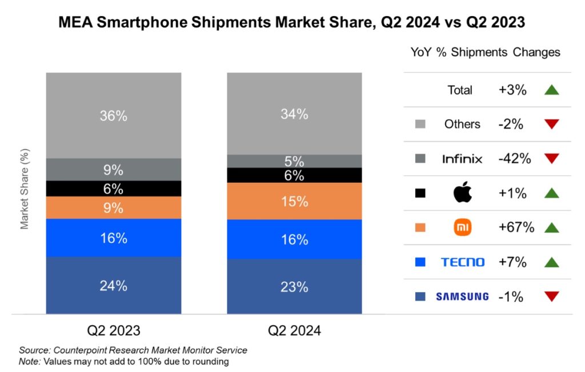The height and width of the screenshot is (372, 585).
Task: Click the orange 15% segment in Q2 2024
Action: [294, 201]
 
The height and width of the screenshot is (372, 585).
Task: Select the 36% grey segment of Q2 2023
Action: [113, 115]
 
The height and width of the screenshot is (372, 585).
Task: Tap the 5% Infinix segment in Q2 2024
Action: [294, 161]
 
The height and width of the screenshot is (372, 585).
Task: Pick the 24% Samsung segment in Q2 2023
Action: [113, 285]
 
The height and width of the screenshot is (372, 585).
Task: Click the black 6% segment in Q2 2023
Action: [113, 189]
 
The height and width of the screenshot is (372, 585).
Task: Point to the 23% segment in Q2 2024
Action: [294, 286]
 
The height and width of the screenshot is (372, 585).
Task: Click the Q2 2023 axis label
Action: [113, 331]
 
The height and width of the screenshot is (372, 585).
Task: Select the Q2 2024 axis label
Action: [294, 331]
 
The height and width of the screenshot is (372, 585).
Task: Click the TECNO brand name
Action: [462, 262]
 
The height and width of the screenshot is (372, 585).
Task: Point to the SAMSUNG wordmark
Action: [462, 297]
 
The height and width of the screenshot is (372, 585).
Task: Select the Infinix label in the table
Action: [462, 159]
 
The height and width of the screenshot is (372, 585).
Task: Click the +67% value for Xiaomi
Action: [515, 227]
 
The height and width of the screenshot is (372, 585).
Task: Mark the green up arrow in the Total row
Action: [551, 90]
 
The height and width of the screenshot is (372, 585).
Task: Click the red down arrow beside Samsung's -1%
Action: [551, 297]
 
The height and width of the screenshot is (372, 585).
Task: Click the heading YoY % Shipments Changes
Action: [485, 52]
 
